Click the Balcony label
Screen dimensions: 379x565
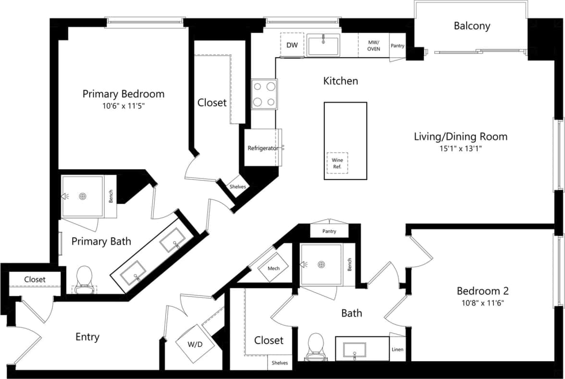(x=472, y=26)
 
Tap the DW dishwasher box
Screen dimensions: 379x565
(x=292, y=45)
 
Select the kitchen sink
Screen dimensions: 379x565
(x=323, y=46)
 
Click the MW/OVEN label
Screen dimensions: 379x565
(x=374, y=46)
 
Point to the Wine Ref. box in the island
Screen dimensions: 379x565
(x=337, y=163)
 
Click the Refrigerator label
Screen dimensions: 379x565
(x=262, y=148)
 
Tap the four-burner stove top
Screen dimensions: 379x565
(x=264, y=94)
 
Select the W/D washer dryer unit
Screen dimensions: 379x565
(x=194, y=343)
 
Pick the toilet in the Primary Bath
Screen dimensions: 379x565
(x=84, y=278)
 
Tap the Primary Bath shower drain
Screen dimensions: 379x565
(x=83, y=196)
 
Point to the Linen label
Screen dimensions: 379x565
(x=397, y=349)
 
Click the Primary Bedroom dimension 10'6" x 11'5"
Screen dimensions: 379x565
(x=123, y=106)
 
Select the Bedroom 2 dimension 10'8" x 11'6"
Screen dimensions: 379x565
(x=482, y=303)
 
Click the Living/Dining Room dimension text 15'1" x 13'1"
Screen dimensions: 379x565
(x=460, y=149)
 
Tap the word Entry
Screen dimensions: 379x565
(x=87, y=337)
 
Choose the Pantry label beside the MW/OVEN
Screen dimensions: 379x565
(x=397, y=46)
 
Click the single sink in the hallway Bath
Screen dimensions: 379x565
(x=354, y=351)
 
